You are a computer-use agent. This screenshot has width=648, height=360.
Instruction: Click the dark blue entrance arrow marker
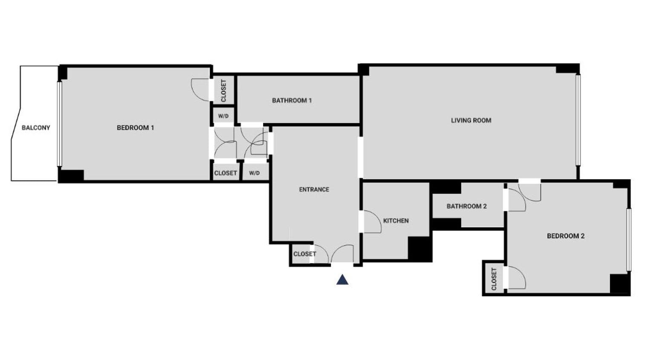[342, 280]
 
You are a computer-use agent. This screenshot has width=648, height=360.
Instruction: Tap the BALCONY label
[36, 128]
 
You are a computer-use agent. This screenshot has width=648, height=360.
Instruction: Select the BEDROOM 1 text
[135, 128]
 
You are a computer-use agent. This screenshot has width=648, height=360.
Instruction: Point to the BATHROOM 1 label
[292, 101]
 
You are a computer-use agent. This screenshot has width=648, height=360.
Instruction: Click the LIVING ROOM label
[471, 120]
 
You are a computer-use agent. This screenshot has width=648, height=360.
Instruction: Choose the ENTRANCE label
[314, 189]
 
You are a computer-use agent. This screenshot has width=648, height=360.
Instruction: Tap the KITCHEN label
[396, 221]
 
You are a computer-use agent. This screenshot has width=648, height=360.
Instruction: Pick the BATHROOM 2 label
[466, 206]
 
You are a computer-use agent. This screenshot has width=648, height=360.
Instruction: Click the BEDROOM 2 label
[565, 236]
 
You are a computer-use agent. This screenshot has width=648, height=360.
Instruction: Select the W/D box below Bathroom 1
[223, 116]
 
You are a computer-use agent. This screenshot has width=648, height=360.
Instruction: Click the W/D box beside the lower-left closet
[255, 173]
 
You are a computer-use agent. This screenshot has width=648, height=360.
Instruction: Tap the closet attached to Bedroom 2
[494, 278]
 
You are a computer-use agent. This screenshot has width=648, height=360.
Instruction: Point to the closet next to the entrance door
[304, 254]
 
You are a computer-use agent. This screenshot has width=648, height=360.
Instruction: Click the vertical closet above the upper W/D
[223, 90]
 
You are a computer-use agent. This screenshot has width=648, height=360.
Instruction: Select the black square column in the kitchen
[419, 249]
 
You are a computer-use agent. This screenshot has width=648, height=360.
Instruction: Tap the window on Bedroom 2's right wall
[628, 239]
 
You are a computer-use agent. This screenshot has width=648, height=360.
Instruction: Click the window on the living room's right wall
[578, 120]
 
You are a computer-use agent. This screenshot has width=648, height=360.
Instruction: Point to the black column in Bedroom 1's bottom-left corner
[71, 175]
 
